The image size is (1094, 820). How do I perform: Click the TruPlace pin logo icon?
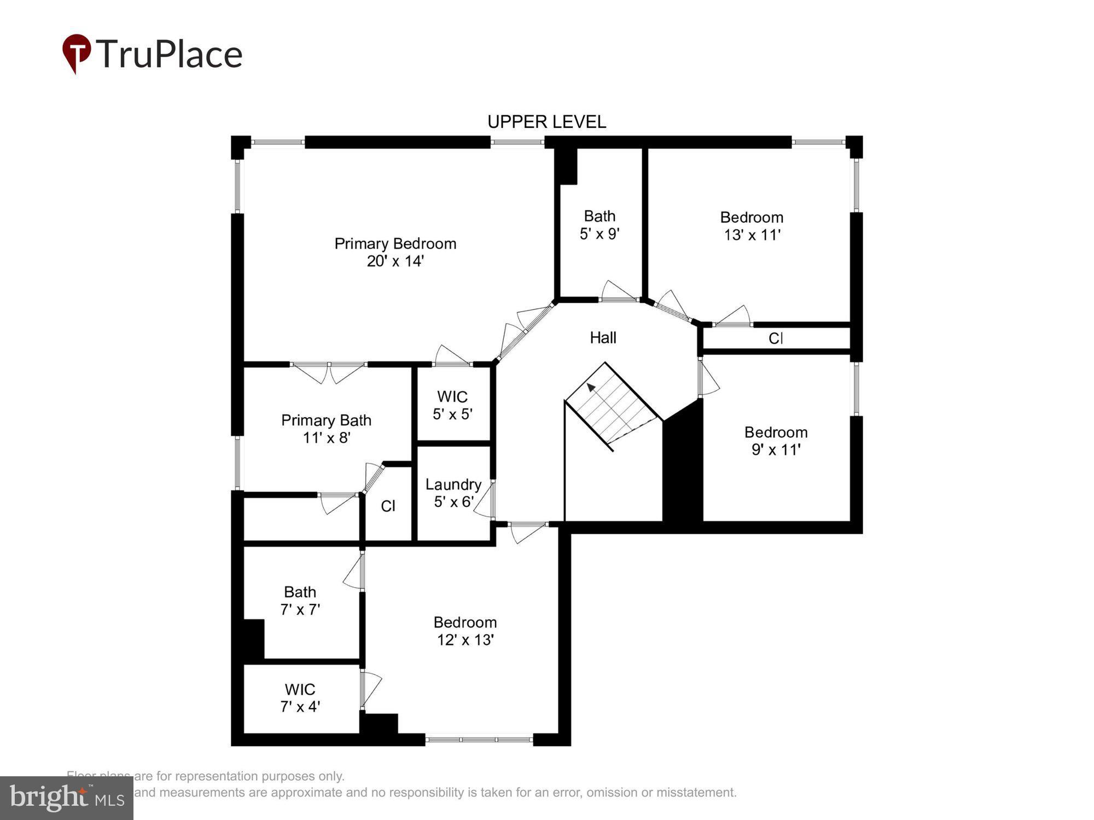pos(76,52)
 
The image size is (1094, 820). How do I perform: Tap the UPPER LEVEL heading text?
pos(546,122)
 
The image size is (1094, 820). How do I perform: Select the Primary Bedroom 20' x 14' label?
pos(395,252)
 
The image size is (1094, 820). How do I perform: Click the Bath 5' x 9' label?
pos(600,225)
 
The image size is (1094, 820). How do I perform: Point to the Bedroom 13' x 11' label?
pos(752,226)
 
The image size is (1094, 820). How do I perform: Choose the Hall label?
pos(603,338)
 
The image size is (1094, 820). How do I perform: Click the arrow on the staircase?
pos(591,388)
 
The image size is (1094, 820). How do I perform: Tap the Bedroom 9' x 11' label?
pos(776,441)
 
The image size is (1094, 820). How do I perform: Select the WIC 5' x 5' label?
pos(452,405)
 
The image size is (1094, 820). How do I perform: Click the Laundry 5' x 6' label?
pos(453,493)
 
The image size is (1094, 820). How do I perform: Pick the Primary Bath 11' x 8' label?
pos(326,429)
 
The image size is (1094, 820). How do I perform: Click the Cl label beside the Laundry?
pos(388,506)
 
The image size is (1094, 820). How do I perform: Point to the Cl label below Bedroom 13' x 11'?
pos(776,338)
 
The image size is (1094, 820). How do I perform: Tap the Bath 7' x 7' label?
pos(300,600)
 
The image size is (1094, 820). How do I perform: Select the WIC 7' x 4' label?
pos(300,698)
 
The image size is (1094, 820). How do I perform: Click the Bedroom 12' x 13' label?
pos(465,631)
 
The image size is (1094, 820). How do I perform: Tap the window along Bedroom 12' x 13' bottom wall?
pos(479,740)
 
